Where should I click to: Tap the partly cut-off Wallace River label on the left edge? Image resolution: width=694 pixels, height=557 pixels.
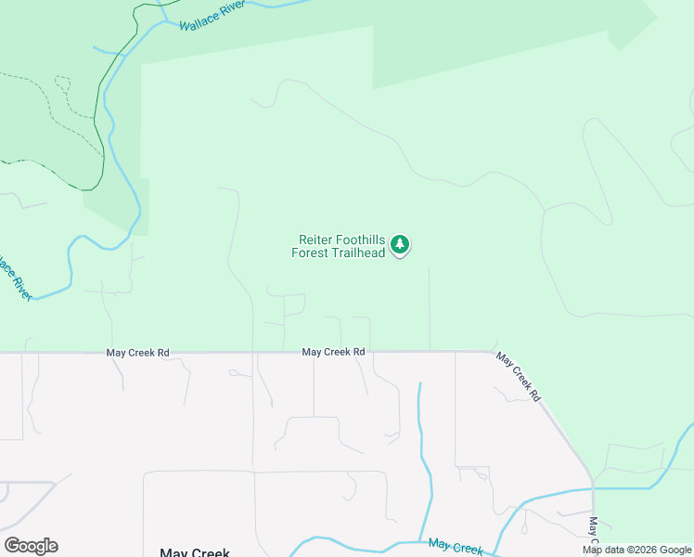[x=17, y=276]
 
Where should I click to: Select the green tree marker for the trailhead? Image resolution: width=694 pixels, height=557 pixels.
[x=400, y=245]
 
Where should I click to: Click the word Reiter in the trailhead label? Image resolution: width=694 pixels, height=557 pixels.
[x=316, y=240]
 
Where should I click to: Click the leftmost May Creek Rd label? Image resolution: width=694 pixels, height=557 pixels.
[x=138, y=353]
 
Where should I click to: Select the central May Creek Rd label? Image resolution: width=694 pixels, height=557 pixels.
[x=333, y=353]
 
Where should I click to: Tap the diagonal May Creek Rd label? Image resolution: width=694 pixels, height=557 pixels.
[x=518, y=376]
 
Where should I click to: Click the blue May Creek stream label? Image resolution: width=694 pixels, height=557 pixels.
[x=456, y=548]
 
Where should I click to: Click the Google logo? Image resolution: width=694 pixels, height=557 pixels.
[x=31, y=546]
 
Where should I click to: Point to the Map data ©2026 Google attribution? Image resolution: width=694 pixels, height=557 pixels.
[x=637, y=550]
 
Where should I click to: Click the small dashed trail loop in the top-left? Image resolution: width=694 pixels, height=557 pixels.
[x=62, y=84]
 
